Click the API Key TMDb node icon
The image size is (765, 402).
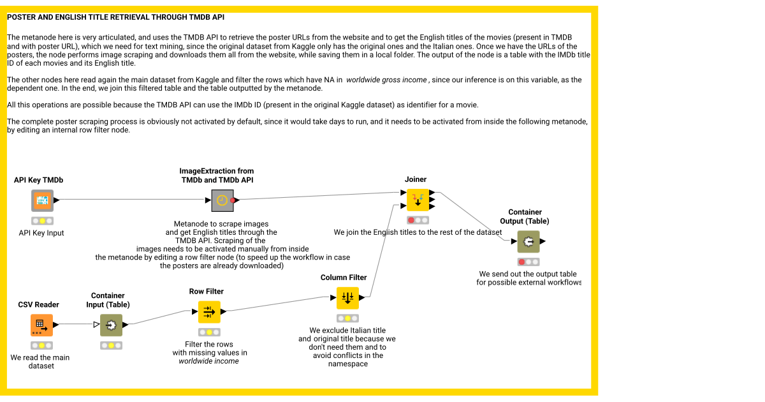(x=42, y=200)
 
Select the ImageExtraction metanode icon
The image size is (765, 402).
(x=222, y=200)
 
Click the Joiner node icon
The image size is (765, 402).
(x=418, y=200)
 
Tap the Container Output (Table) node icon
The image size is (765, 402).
(x=528, y=242)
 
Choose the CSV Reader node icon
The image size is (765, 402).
(x=41, y=325)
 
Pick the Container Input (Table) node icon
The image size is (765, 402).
(x=111, y=325)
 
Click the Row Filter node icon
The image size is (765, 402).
(x=209, y=312)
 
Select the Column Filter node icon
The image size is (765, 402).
(x=347, y=298)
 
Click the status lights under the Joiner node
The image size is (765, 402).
(x=418, y=220)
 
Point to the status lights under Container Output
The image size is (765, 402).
(x=528, y=262)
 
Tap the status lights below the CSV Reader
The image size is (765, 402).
(x=41, y=345)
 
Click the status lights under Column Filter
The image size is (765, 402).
(x=347, y=318)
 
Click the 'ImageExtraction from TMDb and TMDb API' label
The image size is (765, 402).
(x=217, y=175)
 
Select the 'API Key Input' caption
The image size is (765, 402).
(x=41, y=234)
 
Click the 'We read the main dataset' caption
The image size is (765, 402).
(x=40, y=362)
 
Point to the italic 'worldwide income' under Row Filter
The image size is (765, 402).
(x=209, y=361)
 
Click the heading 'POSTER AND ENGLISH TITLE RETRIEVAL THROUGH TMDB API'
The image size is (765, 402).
(x=115, y=17)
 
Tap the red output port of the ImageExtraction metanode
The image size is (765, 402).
(x=233, y=200)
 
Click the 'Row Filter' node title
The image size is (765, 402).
(x=207, y=292)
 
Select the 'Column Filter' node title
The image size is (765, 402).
(x=344, y=278)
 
